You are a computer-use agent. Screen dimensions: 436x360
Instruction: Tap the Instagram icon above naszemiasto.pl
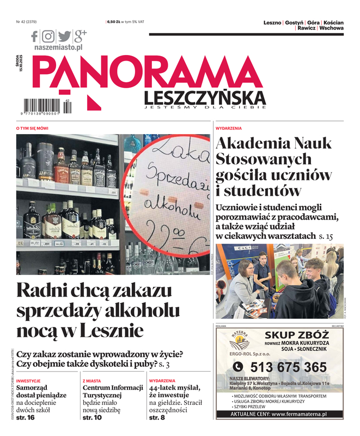coord(49,37)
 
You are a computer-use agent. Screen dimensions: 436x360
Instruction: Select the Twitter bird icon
coord(65,37)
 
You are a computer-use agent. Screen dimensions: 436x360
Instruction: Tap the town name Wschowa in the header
coord(331,28)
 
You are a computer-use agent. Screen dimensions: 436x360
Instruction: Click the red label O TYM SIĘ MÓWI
coord(32,128)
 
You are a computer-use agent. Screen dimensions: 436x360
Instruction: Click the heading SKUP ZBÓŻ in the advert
coord(296,335)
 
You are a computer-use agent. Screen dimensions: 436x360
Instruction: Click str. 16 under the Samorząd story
coord(25,417)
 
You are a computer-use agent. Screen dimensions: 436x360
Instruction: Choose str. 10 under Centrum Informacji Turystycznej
coord(92,417)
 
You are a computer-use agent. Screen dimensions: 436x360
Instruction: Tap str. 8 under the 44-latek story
coord(157,417)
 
